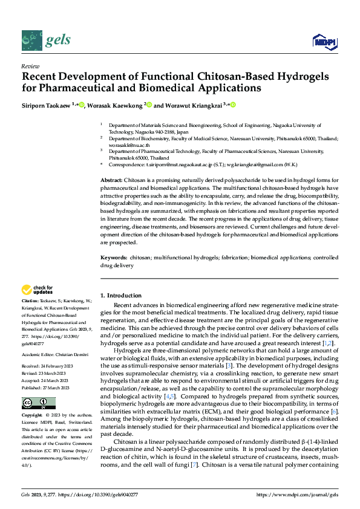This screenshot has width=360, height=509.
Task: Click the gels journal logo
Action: point(46,39)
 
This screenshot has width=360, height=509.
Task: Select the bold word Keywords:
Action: point(114,258)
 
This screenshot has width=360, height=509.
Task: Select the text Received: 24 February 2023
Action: point(46,366)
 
